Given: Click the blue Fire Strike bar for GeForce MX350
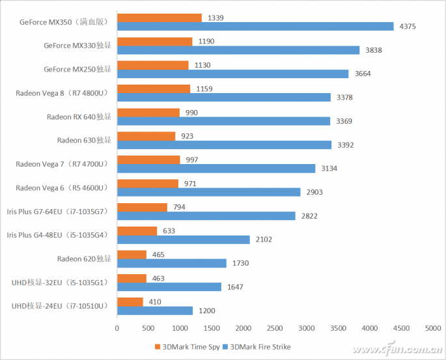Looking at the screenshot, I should pyautogui.click(x=255, y=26).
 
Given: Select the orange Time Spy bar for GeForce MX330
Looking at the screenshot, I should pyautogui.click(x=154, y=41).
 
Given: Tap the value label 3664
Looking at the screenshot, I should pyautogui.click(x=363, y=74).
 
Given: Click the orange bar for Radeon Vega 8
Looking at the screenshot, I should pyautogui.click(x=153, y=89).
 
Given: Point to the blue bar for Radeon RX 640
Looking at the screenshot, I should pyautogui.click(x=223, y=120).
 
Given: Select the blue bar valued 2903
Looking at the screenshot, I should pyautogui.click(x=208, y=192).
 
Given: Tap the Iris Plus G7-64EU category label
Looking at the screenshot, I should pyautogui.click(x=61, y=211).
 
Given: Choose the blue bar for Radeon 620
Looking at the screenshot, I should pyautogui.click(x=171, y=263).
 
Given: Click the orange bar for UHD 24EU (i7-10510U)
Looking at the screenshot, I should pyautogui.click(x=130, y=301).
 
